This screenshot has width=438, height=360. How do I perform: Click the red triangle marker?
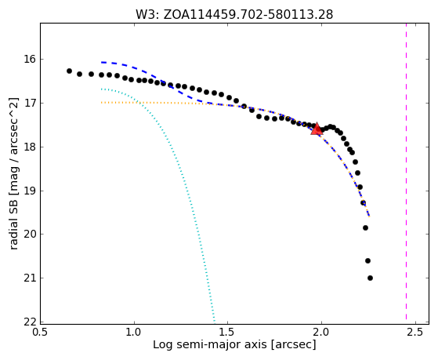[317, 129]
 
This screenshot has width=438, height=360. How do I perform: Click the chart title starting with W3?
[234, 14]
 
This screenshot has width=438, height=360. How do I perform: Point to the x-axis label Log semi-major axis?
[234, 344]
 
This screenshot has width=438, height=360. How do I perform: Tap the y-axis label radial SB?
[13, 173]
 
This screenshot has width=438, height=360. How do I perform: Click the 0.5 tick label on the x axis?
[41, 332]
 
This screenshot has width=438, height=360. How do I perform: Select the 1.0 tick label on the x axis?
[134, 332]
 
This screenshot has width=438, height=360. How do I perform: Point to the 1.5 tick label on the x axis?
[228, 332]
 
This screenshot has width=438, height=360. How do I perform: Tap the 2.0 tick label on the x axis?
[322, 332]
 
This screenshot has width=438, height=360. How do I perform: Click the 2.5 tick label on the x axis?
[415, 332]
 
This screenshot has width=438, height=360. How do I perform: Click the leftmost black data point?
[69, 71]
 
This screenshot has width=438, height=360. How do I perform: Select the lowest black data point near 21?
[370, 278]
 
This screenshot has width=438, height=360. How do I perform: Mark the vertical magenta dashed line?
[406, 171]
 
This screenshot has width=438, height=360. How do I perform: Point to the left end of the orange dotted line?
[102, 103]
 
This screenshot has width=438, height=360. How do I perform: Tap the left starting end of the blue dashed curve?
[102, 62]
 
